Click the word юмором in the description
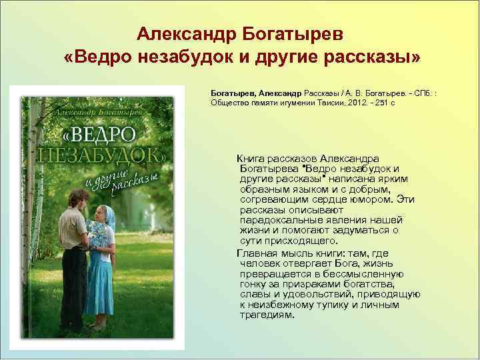click(371, 198)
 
